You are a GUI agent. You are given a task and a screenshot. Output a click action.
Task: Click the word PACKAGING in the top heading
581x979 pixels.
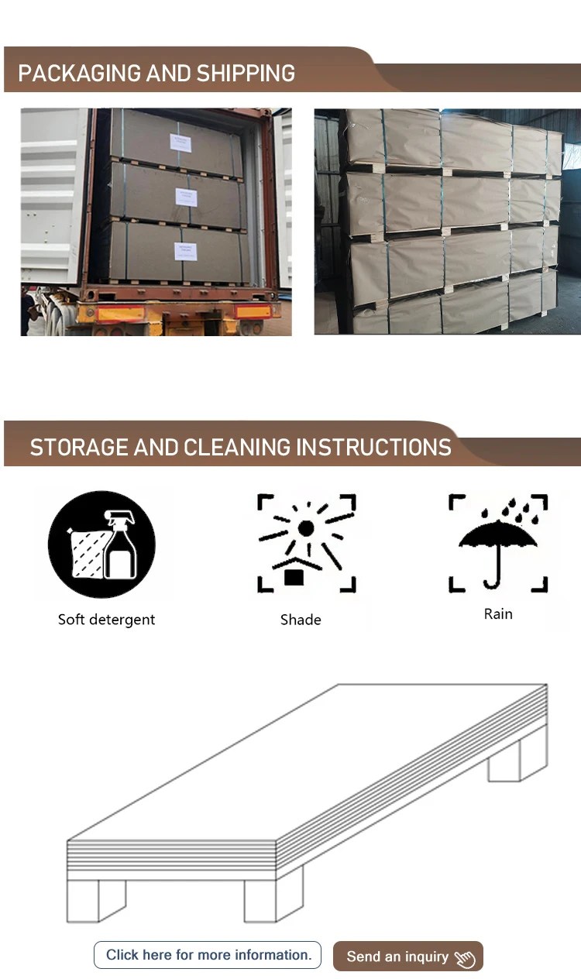(x=80, y=74)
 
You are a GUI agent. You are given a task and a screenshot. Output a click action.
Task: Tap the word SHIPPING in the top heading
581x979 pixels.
(x=246, y=74)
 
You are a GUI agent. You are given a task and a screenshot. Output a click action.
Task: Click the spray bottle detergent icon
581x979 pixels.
(x=101, y=544)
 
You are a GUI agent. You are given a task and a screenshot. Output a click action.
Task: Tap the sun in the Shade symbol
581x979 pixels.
(x=306, y=528)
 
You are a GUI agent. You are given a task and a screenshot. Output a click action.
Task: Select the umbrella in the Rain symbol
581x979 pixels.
(x=498, y=542)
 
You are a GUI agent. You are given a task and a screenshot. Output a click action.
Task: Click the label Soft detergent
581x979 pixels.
(x=106, y=620)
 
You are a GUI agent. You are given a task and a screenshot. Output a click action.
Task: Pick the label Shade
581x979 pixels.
(x=301, y=620)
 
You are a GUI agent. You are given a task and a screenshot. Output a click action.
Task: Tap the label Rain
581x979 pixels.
(x=498, y=614)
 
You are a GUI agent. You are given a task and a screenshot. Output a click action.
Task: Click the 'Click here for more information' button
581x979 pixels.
(x=208, y=955)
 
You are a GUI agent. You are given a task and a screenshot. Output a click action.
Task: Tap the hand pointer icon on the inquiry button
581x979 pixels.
(x=465, y=959)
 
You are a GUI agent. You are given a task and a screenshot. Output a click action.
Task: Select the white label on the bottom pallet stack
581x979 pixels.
(x=186, y=251)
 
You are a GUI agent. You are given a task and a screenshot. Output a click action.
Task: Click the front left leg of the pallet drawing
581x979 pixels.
(x=84, y=900)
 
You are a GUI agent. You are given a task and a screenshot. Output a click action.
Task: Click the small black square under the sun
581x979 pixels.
(x=294, y=576)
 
